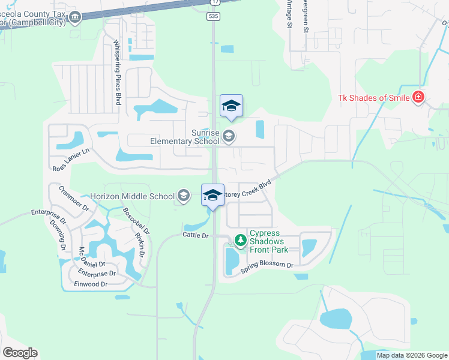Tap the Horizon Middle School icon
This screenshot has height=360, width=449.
184,196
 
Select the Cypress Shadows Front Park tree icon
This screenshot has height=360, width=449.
241,241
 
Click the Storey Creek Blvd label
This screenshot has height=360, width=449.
246,191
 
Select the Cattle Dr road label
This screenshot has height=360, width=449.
196,236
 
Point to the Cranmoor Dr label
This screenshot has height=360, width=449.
74,199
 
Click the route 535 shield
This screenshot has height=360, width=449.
213,17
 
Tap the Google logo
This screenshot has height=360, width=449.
20,353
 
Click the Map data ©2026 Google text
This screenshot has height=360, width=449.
411,355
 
